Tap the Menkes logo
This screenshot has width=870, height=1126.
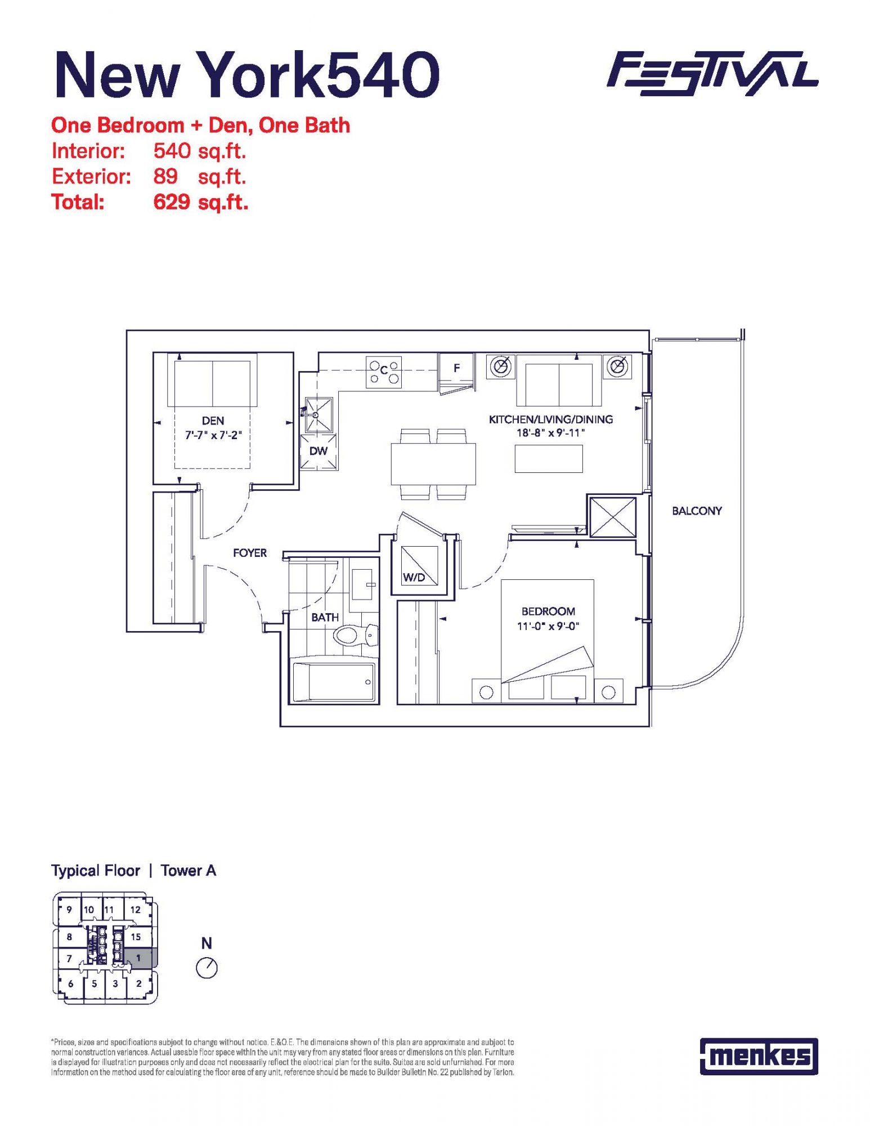pyautogui.click(x=759, y=1056)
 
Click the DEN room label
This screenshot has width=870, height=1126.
pyautogui.click(x=213, y=421)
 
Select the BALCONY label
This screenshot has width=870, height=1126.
pyautogui.click(x=697, y=511)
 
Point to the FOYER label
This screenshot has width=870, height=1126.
pyautogui.click(x=250, y=553)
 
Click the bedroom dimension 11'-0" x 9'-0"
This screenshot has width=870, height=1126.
pyautogui.click(x=548, y=626)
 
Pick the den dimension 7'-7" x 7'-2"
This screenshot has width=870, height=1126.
pyautogui.click(x=213, y=435)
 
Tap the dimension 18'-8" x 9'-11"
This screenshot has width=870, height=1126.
pyautogui.click(x=551, y=433)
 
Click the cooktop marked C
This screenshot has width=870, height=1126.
pyautogui.click(x=383, y=372)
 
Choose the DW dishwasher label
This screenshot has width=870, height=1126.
pyautogui.click(x=319, y=451)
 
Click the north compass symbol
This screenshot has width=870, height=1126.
pyautogui.click(x=207, y=968)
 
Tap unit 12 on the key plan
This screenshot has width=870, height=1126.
pyautogui.click(x=136, y=909)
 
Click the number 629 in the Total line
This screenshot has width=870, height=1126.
pyautogui.click(x=172, y=202)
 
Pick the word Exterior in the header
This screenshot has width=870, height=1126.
pyautogui.click(x=91, y=177)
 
